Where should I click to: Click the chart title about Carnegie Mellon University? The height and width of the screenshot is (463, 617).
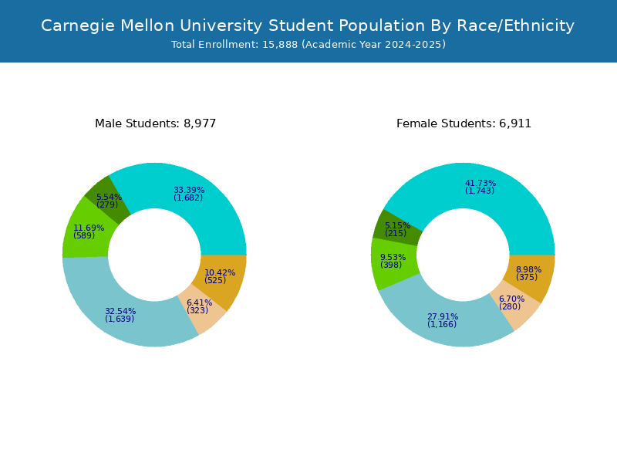pyautogui.click(x=308, y=25)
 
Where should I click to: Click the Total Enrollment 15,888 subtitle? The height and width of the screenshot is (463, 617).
pyautogui.click(x=308, y=45)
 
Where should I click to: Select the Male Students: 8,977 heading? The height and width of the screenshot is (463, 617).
pyautogui.click(x=155, y=123)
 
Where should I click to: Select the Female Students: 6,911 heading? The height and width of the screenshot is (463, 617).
pyautogui.click(x=464, y=123)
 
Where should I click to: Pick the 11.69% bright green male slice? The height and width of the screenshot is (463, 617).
pyautogui.click(x=87, y=231)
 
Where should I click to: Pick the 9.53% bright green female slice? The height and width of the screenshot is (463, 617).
pyautogui.click(x=393, y=262)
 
